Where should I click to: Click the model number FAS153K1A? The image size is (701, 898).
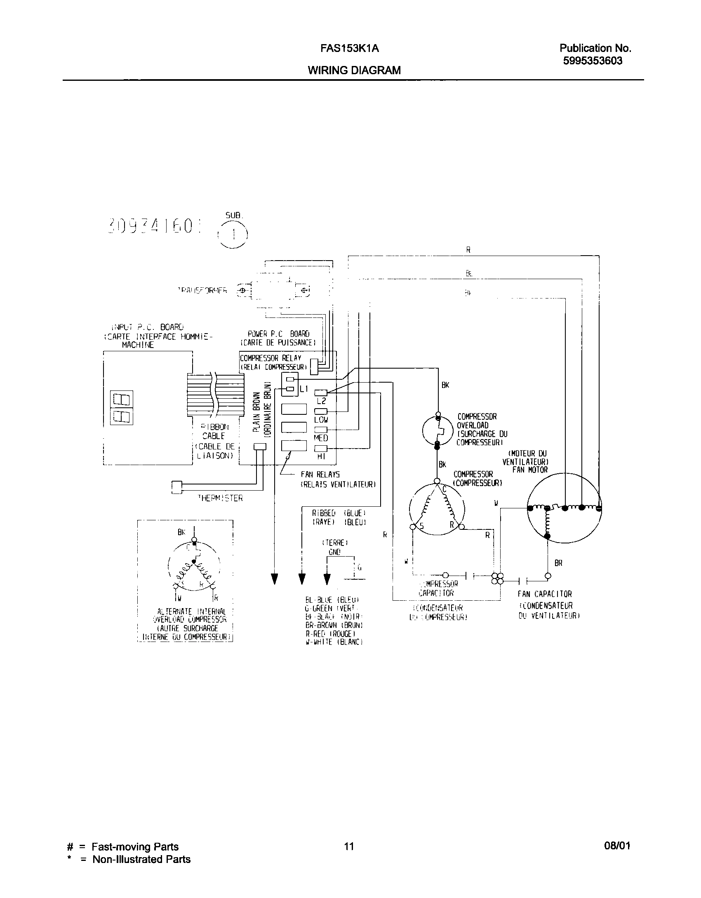(350, 49)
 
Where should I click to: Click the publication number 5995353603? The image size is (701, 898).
(593, 61)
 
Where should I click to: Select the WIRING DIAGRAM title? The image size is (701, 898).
(354, 70)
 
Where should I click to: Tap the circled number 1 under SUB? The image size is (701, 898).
(233, 235)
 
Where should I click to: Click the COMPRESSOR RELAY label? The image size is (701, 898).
(271, 358)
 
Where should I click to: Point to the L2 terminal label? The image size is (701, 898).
(321, 400)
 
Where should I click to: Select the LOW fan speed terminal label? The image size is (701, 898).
(321, 419)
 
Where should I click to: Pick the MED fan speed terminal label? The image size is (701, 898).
(321, 437)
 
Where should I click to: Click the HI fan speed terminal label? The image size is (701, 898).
(321, 456)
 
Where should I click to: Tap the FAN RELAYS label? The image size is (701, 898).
(320, 475)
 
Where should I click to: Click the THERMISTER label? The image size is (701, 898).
(220, 498)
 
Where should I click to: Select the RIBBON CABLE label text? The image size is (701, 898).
(214, 431)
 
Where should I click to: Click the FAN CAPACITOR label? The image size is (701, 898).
(545, 594)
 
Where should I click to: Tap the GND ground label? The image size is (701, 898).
(334, 552)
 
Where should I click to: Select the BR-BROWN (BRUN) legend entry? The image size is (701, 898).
(334, 625)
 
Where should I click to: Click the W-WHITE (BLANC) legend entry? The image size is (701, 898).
(334, 642)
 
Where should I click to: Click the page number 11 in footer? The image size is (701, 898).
(349, 846)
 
